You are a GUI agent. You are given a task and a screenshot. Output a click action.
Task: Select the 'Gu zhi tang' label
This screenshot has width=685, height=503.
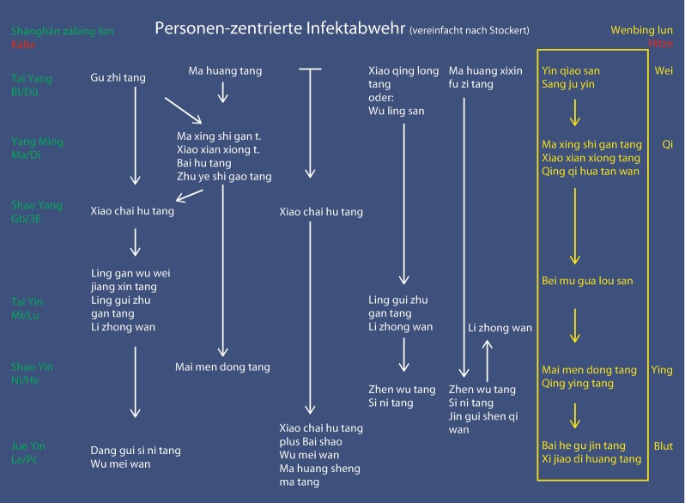[118, 78]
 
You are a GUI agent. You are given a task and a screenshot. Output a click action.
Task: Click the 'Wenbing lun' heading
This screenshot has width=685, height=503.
[641, 30]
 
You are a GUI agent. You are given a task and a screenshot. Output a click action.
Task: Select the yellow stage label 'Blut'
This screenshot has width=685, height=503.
[663, 446]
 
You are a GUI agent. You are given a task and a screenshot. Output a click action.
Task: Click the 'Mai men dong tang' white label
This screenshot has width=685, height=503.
[222, 367]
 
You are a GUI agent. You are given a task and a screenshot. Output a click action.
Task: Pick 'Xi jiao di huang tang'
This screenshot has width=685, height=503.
[591, 459]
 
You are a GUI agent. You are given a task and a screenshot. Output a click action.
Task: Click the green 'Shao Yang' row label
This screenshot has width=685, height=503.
[36, 205]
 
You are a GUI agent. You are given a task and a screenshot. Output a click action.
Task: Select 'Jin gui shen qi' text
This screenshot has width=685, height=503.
[485, 416]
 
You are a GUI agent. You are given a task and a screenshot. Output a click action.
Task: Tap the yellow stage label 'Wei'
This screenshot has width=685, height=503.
[663, 70]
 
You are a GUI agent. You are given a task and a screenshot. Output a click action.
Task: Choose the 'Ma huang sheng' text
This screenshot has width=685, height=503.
[319, 469]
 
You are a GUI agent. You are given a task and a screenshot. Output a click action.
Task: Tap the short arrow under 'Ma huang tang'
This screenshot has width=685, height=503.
[223, 92]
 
